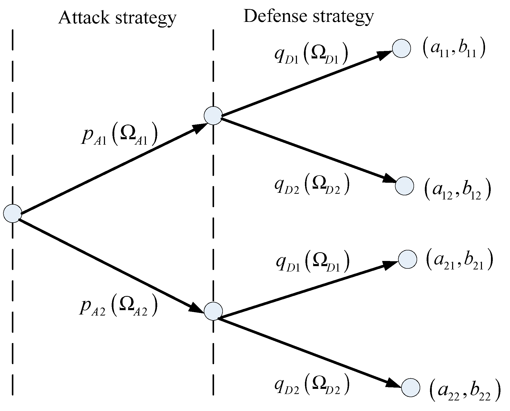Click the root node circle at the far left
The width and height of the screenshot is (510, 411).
[13, 213]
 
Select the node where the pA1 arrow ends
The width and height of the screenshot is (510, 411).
[213, 116]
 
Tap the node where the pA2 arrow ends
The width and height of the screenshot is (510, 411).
[213, 311]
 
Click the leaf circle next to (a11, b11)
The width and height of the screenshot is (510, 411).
[401, 48]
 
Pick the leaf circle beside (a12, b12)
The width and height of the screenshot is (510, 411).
[405, 186]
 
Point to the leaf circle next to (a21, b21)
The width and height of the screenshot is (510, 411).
[408, 259]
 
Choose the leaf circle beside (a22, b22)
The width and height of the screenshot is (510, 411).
[411, 388]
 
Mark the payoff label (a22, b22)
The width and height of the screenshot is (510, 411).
[464, 392]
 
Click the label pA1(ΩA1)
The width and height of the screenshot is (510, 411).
[119, 136]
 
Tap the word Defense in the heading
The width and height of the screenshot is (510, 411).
[275, 16]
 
